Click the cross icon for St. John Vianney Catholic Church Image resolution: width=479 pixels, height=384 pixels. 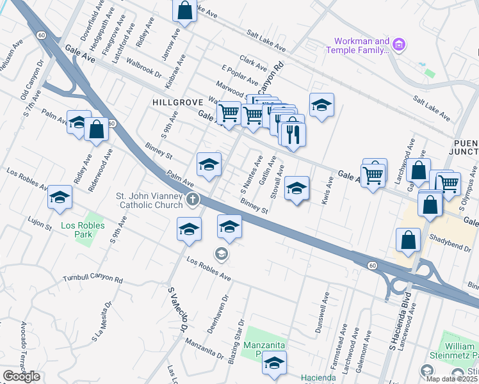pos(191,201)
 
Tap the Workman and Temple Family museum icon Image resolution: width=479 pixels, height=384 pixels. pos(399,45)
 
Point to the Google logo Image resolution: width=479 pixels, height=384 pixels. pos(21,376)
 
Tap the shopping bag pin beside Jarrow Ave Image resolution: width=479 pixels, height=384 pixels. pos(184,10)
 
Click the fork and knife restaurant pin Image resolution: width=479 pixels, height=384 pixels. pos(293,134)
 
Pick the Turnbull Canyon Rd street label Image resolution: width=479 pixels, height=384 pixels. pos(92,279)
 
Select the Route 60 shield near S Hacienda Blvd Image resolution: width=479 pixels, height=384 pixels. pos(371,264)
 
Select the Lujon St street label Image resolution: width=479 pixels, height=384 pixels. pos(40,220)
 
